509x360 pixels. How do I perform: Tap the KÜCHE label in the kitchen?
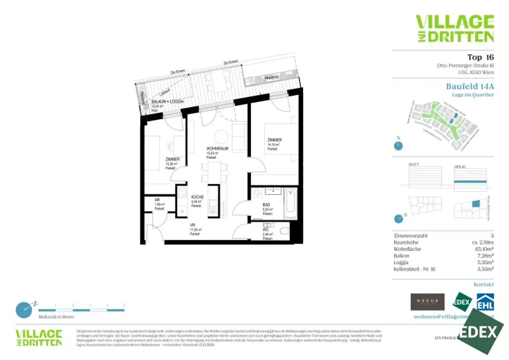(198, 197)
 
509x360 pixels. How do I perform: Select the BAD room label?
(267, 204)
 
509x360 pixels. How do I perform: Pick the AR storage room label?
(157, 199)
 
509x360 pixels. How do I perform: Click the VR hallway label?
(192, 225)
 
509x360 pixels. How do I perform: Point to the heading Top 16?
(480, 57)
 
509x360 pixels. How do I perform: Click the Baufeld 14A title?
(470, 86)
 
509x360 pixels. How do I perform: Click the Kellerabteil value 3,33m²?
(485, 269)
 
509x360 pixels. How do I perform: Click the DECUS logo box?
(427, 302)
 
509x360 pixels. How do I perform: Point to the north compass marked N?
(398, 145)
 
